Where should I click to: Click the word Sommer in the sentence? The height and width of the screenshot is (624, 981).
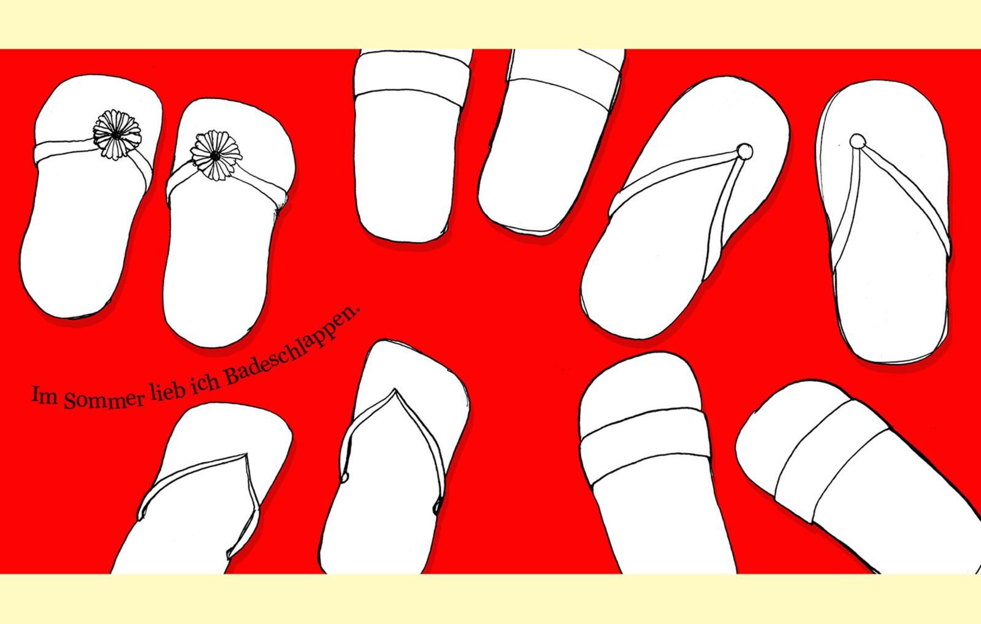click(x=104, y=400)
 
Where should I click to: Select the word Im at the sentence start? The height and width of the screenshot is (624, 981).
click(x=45, y=395)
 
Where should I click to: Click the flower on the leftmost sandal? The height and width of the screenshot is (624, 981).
click(x=117, y=134)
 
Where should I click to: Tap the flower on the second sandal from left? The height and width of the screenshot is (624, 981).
click(x=216, y=156)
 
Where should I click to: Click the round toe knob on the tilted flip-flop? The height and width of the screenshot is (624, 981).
click(x=744, y=151)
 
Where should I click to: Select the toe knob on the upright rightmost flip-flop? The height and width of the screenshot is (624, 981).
click(x=858, y=142)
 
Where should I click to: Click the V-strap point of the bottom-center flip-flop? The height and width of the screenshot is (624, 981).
click(x=395, y=390)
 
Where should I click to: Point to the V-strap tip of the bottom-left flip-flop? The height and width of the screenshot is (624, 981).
click(x=245, y=455)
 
